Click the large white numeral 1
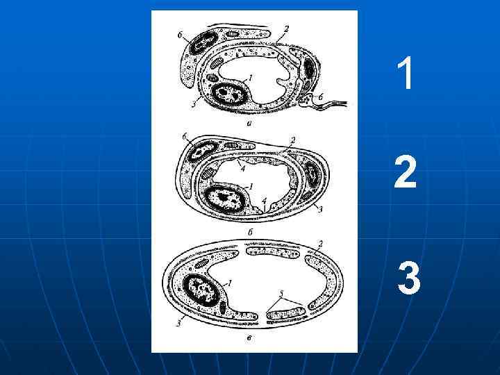[406, 73]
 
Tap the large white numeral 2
[406, 172]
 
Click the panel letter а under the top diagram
[250, 123]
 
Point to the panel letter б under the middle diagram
[250, 232]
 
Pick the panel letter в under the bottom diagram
[250, 338]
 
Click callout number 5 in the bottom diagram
[281, 293]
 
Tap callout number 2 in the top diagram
[286, 28]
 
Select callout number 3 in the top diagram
[194, 104]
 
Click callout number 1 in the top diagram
[251, 78]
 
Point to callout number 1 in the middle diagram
[251, 186]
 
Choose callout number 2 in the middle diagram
[293, 140]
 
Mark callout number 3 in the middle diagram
[321, 209]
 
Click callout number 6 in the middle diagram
[184, 137]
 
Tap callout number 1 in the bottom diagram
[230, 283]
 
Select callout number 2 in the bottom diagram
[321, 244]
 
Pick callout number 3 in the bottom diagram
[179, 324]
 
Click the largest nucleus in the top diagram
[230, 94]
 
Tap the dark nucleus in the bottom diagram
[201, 290]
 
